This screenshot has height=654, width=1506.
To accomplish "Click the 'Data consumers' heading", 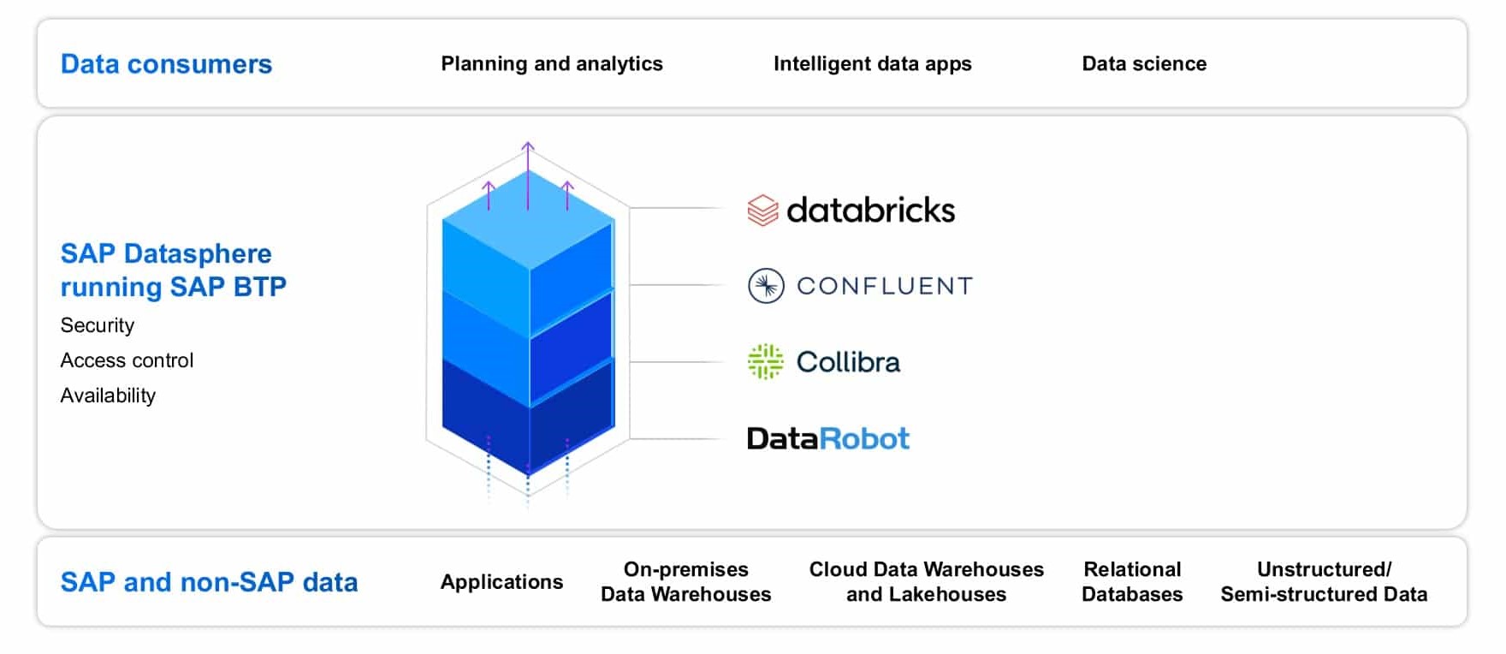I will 166,64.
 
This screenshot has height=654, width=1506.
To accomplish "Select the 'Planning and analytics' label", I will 552,64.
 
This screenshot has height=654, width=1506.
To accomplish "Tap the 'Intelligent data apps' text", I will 872,64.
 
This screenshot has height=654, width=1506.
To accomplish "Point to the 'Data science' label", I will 1144,64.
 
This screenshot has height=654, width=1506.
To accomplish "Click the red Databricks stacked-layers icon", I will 762,211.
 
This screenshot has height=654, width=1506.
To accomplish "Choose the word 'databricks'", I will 870,211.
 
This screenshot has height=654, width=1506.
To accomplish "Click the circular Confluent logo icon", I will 766,286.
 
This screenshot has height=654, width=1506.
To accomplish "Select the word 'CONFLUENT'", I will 885,286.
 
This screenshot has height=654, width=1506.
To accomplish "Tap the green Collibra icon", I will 765,361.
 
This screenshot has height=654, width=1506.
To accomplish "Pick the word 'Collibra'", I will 848,362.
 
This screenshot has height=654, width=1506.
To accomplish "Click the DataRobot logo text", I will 827,438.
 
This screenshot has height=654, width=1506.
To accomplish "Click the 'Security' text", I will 98,325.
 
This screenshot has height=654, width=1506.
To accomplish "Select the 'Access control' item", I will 127,360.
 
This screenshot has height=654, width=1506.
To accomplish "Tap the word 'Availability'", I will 108,395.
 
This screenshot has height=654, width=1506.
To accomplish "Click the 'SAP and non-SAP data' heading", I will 209,582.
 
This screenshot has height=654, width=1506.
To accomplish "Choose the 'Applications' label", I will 501,582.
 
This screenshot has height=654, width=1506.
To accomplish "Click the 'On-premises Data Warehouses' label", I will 685,582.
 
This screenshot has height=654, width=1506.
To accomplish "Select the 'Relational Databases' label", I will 1132,582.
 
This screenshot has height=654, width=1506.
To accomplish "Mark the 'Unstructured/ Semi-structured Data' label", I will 1324,582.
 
